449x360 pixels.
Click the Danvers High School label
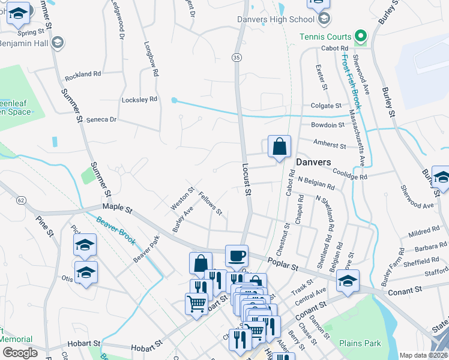[276, 19]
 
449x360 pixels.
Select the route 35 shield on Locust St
[237, 57]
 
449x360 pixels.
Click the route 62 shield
[21, 199]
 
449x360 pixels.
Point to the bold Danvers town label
[313, 162]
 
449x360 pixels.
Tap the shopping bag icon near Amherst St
[279, 146]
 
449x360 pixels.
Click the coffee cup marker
[237, 256]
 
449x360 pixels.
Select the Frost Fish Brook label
[353, 82]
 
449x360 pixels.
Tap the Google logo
[20, 353]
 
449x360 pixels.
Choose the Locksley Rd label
[139, 99]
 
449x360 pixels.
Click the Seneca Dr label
[100, 119]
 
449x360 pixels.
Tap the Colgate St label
[327, 106]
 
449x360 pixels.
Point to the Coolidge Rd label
[349, 174]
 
